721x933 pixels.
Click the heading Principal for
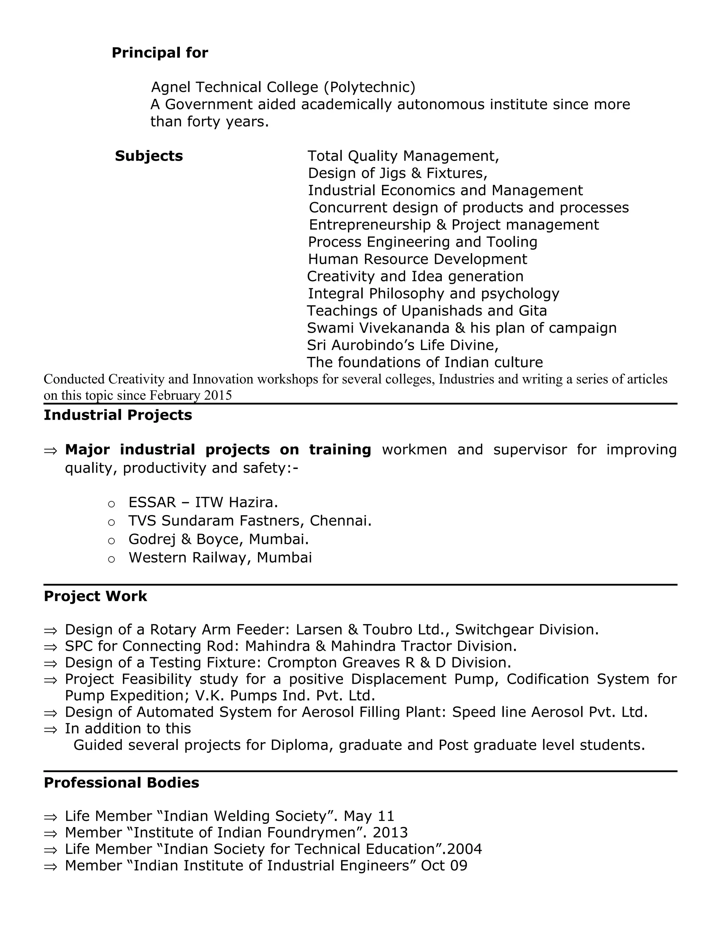(160, 52)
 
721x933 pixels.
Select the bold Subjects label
(149, 156)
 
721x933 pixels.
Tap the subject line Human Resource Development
(417, 259)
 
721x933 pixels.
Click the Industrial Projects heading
(118, 415)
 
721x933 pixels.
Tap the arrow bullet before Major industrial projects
(50, 450)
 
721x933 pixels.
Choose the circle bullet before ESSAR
(112, 504)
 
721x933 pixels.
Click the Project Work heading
(95, 596)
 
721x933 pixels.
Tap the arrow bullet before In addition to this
(50, 729)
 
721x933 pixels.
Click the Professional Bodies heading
(121, 783)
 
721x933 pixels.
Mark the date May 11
(369, 816)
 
